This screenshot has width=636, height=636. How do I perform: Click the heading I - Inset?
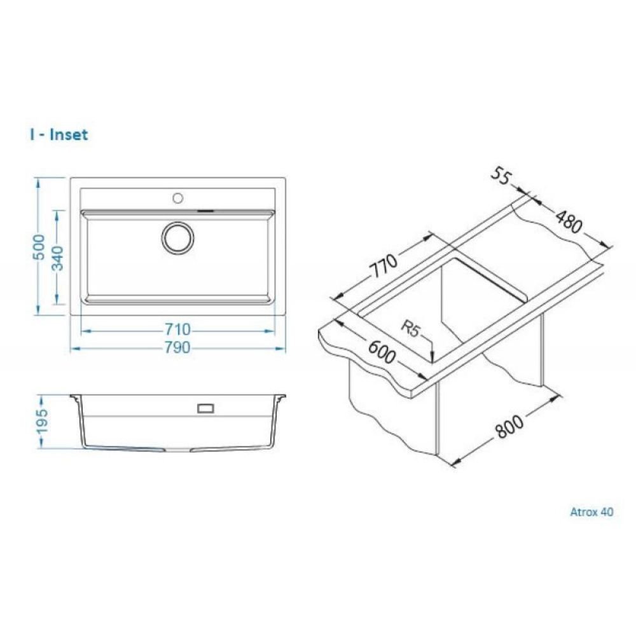point(58,135)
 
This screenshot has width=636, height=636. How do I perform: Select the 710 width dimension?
point(177,329)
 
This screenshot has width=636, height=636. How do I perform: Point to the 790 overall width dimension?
point(177,347)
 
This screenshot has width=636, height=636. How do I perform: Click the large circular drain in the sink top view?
point(177,237)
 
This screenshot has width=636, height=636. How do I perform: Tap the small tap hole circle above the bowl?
point(177,197)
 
